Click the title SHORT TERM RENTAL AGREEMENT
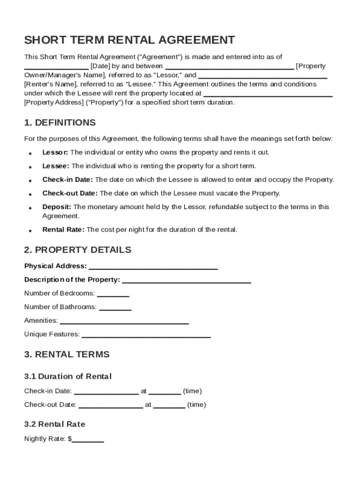tap(130, 40)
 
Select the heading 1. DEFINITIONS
tap(60, 123)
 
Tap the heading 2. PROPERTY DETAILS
tap(78, 250)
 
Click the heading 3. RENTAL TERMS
tap(67, 354)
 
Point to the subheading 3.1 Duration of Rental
tap(68, 377)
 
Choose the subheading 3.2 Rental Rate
tap(55, 424)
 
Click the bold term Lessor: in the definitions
tap(55, 152)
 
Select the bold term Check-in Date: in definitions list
tap(67, 180)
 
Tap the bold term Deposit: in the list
tap(57, 207)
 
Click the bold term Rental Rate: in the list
tap(63, 230)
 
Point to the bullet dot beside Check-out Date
tap(30, 194)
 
